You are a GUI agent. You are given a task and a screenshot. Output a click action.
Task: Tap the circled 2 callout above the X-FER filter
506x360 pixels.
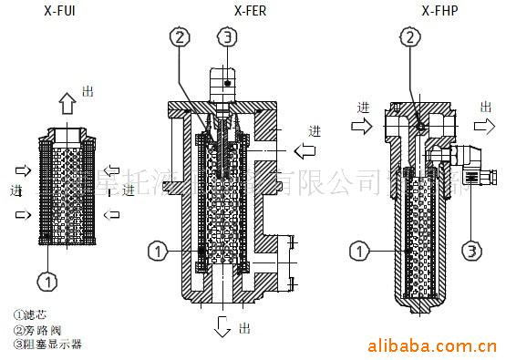point(181,37)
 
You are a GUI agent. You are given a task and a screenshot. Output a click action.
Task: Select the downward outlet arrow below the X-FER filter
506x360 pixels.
point(223,325)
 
